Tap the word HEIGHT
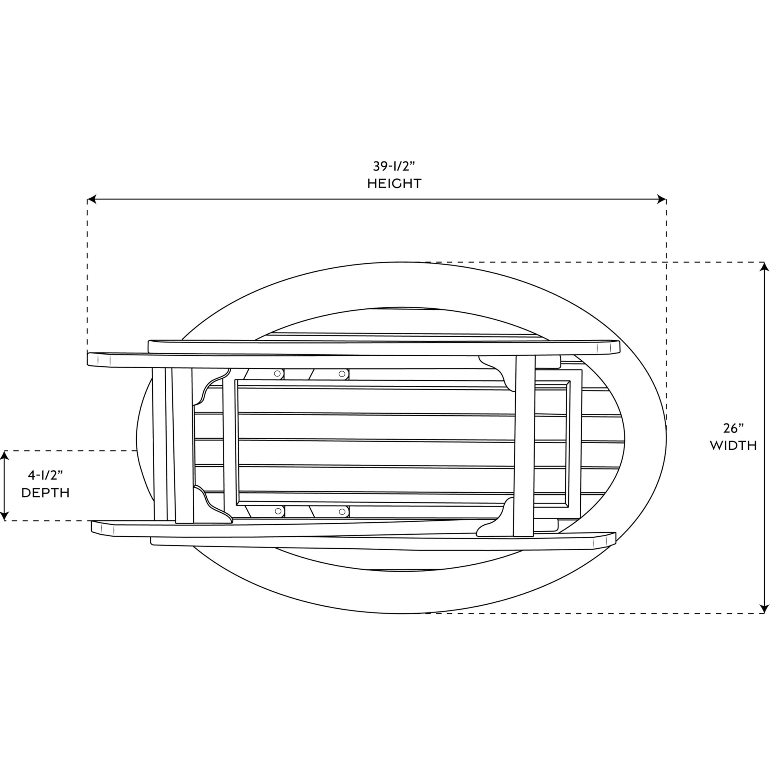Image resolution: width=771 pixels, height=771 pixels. [x=394, y=184]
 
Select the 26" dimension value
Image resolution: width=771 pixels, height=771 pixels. [x=733, y=428]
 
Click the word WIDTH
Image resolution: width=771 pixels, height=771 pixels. [x=733, y=446]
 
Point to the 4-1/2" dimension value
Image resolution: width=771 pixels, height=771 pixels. [x=45, y=475]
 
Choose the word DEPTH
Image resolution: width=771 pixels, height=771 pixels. [x=45, y=493]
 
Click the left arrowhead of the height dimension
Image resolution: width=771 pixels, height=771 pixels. [x=92, y=199]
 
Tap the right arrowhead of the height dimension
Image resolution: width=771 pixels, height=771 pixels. [x=662, y=199]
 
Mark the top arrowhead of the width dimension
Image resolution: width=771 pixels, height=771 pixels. [x=764, y=267]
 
